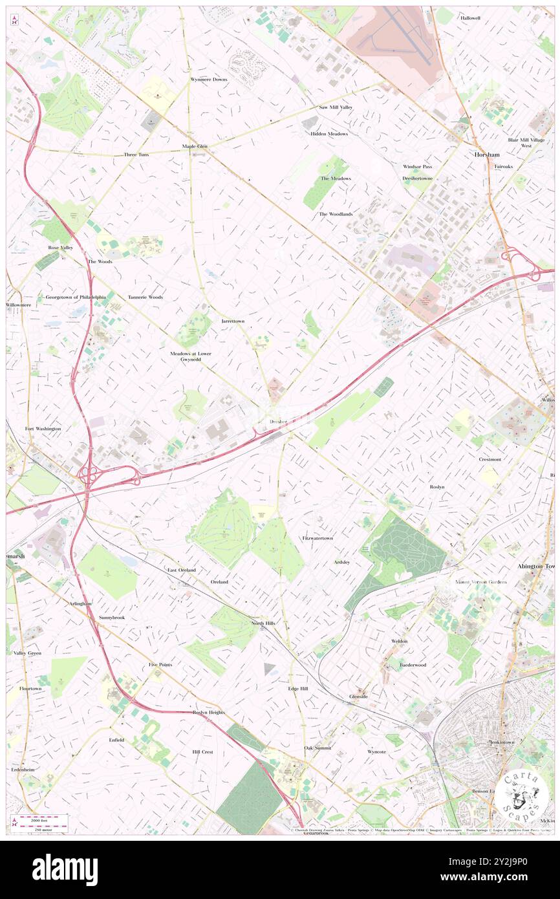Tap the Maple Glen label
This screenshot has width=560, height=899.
coord(195,147)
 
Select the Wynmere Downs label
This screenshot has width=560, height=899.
coord(208,79)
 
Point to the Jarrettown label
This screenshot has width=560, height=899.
coord(233,321)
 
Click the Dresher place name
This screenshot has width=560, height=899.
coord(279,421)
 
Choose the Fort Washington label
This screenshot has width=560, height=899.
coord(43,429)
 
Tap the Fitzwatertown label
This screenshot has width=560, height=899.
coord(317,538)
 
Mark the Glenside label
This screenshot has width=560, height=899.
coord(358,697)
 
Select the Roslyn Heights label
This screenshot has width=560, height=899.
coord(208,712)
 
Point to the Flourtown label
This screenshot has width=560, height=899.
coord(30,689)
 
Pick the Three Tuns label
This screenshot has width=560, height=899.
coord(136,155)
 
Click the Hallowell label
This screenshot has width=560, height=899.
coord(470,18)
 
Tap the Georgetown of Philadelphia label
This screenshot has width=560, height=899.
coord(76,297)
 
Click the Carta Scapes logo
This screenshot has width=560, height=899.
coord(522,793)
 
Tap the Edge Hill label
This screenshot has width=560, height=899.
coord(298,689)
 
